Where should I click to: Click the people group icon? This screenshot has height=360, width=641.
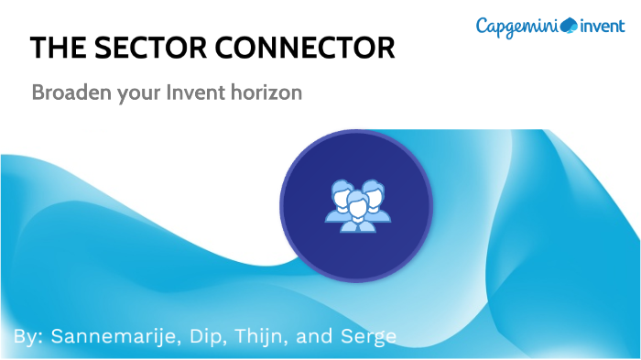(x=357, y=205)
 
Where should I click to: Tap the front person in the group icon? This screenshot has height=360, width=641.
(x=357, y=213)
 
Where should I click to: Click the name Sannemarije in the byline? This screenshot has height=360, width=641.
(x=110, y=336)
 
